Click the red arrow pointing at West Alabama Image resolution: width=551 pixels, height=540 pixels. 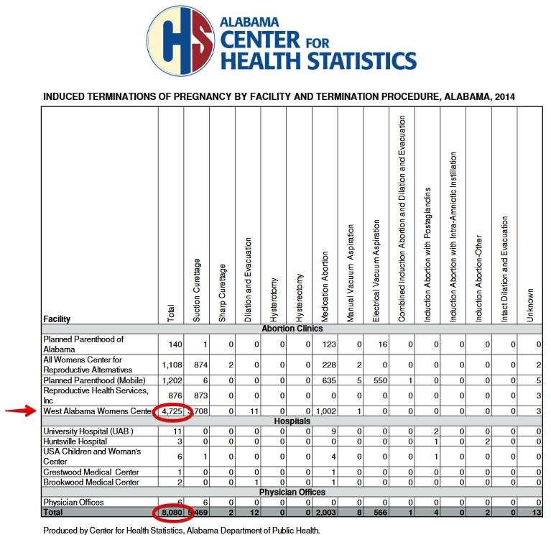click(21, 411)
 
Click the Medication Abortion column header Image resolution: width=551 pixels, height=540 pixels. click(324, 287)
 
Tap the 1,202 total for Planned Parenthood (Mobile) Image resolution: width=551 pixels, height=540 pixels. click(170, 380)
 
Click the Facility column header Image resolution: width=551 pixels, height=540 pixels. click(57, 319)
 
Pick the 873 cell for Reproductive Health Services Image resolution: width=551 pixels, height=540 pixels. click(198, 395)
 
